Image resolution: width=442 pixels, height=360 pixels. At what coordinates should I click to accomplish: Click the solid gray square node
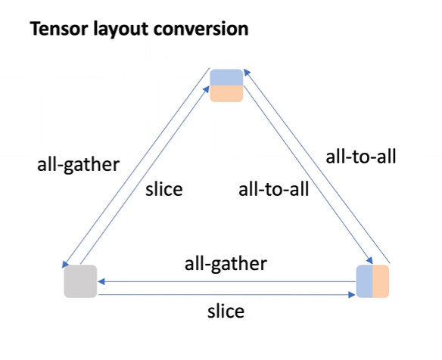pyautogui.click(x=79, y=281)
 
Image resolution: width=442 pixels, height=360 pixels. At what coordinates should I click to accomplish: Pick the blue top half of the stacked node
pyautogui.click(x=226, y=77)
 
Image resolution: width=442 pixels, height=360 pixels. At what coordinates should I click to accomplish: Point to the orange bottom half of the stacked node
pyautogui.click(x=226, y=93)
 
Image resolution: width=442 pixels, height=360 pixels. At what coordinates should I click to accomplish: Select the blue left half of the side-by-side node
pyautogui.click(x=365, y=281)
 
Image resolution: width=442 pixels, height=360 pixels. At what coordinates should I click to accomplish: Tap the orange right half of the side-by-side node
pyautogui.click(x=380, y=281)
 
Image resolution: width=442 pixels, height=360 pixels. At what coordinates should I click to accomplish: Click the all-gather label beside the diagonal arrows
pyautogui.click(x=78, y=165)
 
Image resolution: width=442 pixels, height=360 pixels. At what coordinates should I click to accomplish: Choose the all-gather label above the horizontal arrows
pyautogui.click(x=226, y=264)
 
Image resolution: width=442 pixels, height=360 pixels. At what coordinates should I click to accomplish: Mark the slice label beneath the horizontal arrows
pyautogui.click(x=226, y=311)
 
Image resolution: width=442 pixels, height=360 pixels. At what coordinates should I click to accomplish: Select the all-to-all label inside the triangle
pyautogui.click(x=273, y=188)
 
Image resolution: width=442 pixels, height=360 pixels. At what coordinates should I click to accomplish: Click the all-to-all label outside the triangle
pyautogui.click(x=361, y=157)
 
